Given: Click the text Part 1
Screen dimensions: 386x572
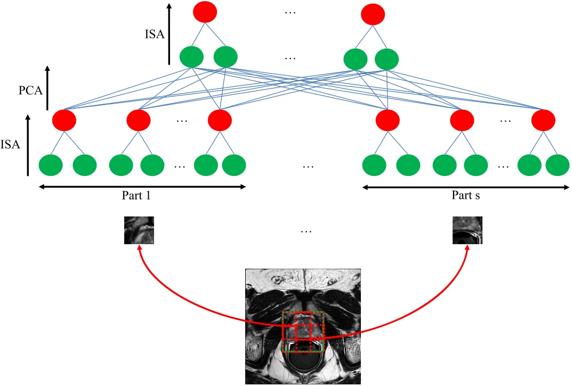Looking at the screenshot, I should coord(136,196).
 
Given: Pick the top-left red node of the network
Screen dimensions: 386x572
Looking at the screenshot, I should coord(205,11).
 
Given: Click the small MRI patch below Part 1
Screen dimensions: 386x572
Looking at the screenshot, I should coord(140,230).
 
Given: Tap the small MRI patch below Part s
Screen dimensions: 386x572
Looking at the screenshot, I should coord(468,230).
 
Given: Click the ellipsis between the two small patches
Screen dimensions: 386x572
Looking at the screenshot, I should coord(305,231).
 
